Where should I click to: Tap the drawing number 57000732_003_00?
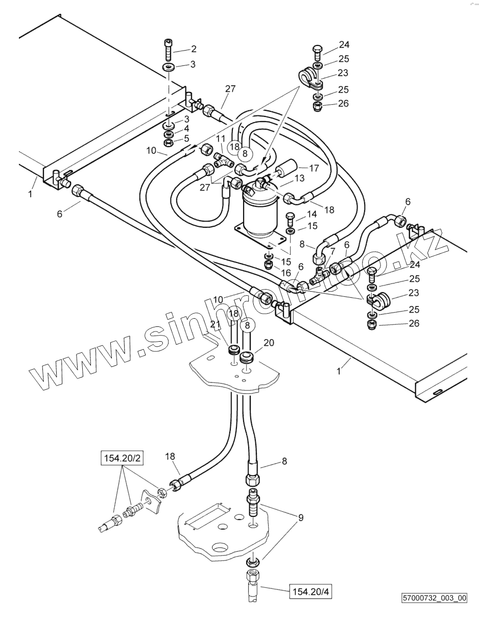coord(434,598)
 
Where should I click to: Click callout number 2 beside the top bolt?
coord(194,49)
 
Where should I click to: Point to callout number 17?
coord(314,168)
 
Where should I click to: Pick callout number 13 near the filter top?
coord(299,178)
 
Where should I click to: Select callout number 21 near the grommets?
coord(215,325)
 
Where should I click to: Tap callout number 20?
coord(269,343)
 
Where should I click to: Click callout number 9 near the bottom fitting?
coord(301,517)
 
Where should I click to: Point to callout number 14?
coord(312,215)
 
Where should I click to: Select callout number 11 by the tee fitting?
coord(220,139)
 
